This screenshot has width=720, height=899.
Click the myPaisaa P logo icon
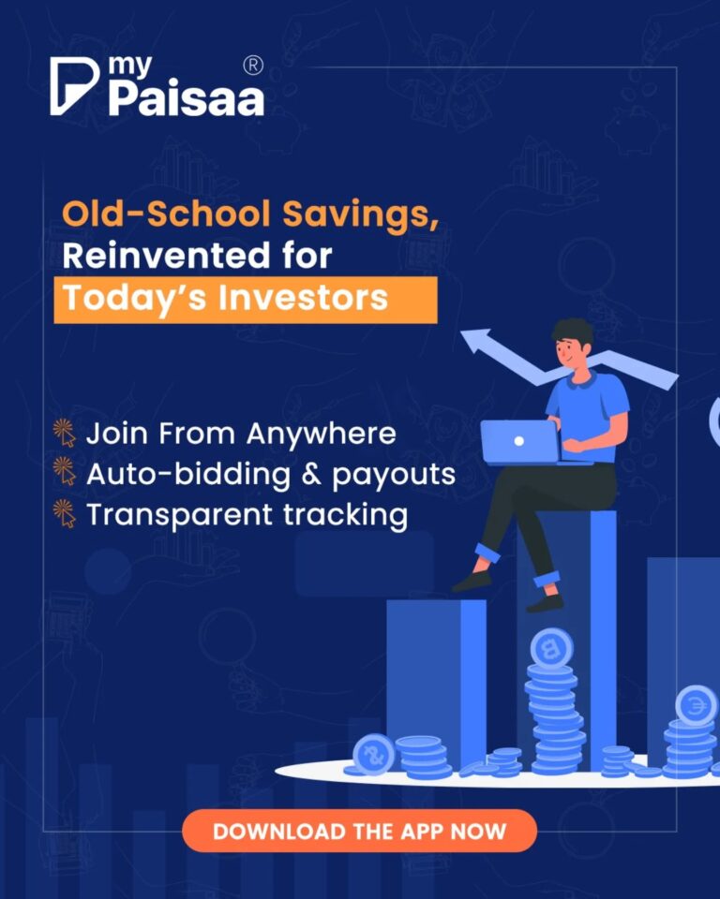pos(73,86)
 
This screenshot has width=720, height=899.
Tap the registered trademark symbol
pos(253,65)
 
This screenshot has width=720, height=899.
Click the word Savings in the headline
pos(360,215)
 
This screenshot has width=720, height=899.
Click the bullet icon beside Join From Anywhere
pos(65,433)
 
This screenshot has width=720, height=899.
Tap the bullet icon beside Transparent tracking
pos(65,513)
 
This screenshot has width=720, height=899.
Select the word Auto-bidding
pos(188,475)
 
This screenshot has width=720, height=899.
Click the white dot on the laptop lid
pos(519,441)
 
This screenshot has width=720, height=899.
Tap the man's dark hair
pos(572,332)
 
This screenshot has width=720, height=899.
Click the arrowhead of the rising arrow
pos(476,341)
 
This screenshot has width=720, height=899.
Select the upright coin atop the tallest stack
pos(551,648)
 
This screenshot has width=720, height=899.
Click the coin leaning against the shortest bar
pos(374,754)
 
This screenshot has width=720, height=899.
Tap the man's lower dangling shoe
pos(545,603)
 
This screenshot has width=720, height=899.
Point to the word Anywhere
pos(322,434)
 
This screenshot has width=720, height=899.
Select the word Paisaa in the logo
pos(187,98)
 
